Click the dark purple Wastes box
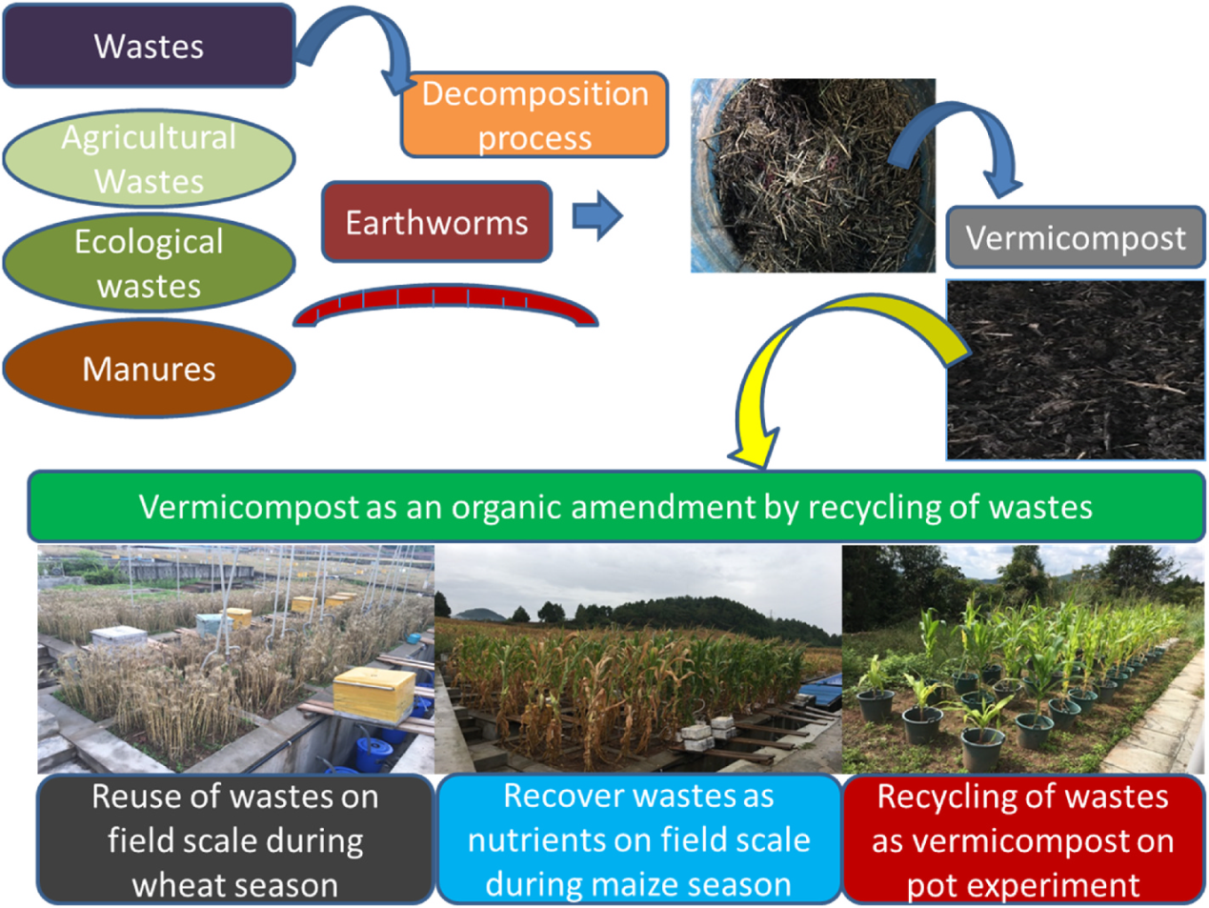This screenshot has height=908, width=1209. coord(149,46)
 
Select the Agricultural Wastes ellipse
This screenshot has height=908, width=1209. coord(149,158)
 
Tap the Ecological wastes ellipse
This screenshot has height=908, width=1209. coord(149,263)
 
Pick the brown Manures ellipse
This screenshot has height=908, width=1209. coord(149,369)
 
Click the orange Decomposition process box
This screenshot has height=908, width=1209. coord(534,115)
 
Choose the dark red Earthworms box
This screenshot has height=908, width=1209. coord(436,222)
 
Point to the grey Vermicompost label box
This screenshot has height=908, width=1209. coord(1075,237)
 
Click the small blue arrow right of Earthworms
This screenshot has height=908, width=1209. coord(596,215)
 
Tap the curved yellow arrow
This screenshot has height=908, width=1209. coord(810,362)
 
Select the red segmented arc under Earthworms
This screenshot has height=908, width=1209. coord(445,303)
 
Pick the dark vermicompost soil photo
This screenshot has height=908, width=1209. coord(1075,370)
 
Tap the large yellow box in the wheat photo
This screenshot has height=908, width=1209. coord(374,693)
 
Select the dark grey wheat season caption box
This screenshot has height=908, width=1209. coord(234,839)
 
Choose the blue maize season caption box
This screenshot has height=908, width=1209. coord(638,839)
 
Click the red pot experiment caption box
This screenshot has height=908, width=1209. coord(1022,839)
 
